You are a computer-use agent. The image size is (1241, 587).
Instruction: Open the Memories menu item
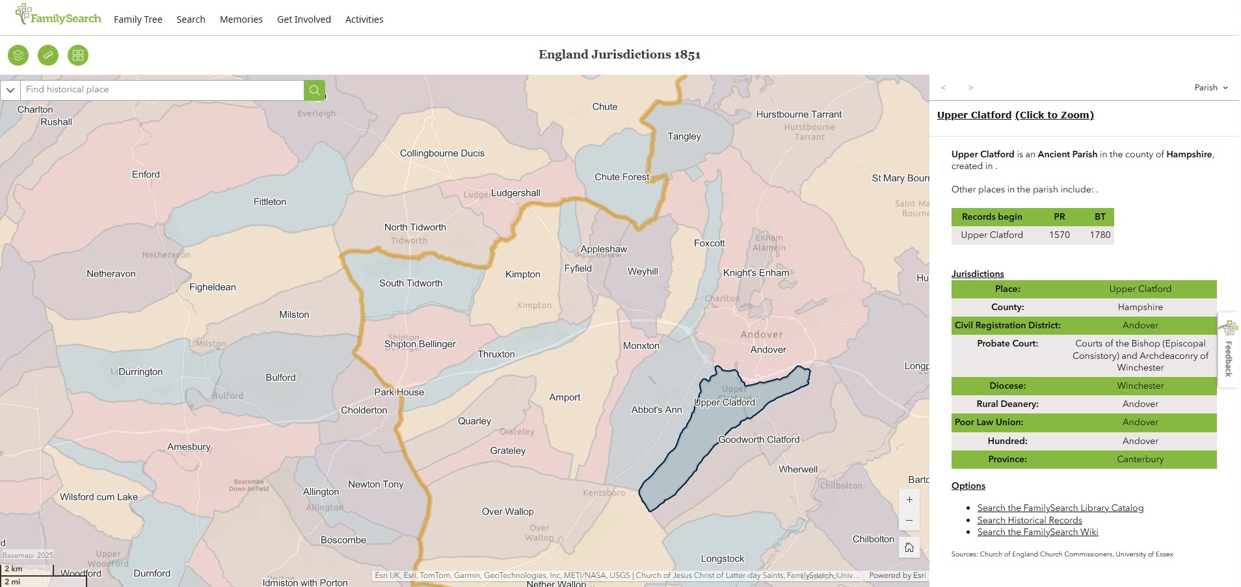[241, 20]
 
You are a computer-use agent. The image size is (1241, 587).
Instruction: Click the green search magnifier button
[314, 90]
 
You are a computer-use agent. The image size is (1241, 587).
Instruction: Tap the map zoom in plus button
[909, 500]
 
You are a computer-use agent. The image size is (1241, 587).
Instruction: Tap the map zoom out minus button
[909, 520]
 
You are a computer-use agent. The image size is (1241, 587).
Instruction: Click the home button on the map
[909, 547]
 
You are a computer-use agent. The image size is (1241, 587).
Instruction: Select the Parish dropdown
[1210, 88]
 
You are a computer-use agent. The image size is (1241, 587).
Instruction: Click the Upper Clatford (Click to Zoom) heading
[1015, 115]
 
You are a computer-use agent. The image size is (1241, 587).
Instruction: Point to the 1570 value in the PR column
[1059, 235]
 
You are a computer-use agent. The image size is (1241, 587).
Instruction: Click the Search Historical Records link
[1029, 520]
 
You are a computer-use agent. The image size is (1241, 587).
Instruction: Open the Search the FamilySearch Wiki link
[1037, 532]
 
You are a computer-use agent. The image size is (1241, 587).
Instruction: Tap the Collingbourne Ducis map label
[442, 153]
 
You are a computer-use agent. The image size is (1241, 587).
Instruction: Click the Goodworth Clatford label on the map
[758, 439]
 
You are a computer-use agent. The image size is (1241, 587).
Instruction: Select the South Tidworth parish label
[410, 283]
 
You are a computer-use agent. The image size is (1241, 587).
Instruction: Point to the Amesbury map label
[189, 447]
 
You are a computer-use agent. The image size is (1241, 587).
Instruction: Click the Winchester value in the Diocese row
[1140, 385]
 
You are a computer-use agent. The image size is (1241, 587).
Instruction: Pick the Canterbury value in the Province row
[1140, 459]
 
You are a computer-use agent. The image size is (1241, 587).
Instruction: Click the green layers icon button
[18, 55]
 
